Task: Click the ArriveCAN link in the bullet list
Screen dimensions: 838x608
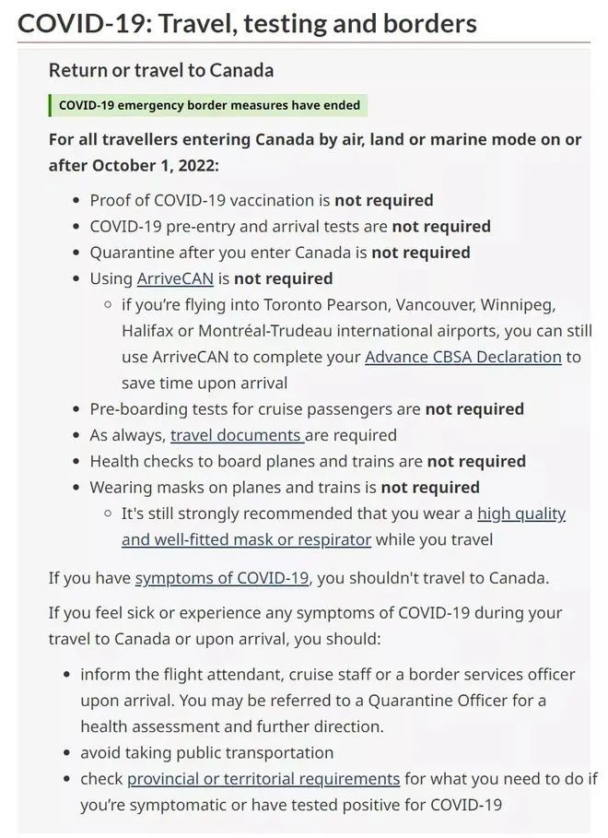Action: click(x=175, y=277)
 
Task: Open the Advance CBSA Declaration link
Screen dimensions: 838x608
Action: click(x=462, y=357)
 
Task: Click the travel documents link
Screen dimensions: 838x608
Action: click(x=237, y=435)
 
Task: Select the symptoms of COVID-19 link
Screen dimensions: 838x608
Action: click(x=222, y=579)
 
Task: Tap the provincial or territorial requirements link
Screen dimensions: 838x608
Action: click(x=263, y=779)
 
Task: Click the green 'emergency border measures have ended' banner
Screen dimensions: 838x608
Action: click(x=209, y=105)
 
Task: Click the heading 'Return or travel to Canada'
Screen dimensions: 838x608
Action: click(x=160, y=70)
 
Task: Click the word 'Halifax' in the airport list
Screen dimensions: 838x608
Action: click(x=148, y=330)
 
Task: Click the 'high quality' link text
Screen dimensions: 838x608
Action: click(x=521, y=513)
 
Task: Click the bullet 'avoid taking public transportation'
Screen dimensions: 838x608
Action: click(x=206, y=752)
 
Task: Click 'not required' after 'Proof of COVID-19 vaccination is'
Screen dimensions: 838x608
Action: click(x=383, y=200)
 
